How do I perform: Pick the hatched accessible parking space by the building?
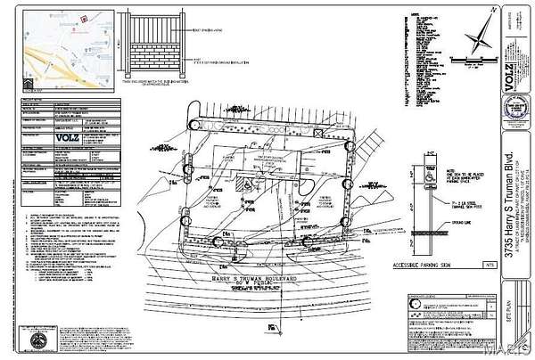tap(241, 186)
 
